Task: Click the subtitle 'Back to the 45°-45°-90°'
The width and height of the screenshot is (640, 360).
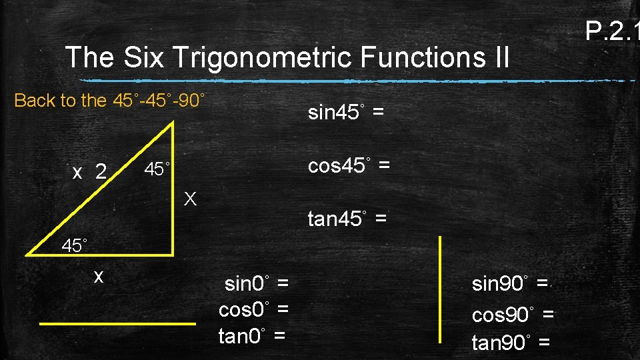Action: (x=110, y=101)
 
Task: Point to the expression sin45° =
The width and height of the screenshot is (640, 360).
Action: (x=345, y=113)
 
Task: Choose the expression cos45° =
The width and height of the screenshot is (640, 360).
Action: (x=349, y=165)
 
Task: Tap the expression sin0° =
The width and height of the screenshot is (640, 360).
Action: (x=257, y=284)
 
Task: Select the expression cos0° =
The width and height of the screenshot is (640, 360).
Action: (x=253, y=309)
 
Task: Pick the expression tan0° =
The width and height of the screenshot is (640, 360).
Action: (x=252, y=335)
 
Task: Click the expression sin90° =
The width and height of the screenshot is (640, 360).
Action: (x=510, y=284)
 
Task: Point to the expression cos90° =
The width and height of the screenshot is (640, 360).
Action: (x=513, y=314)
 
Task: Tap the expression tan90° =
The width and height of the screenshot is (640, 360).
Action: (x=511, y=343)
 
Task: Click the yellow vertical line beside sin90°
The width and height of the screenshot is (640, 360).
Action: (x=440, y=289)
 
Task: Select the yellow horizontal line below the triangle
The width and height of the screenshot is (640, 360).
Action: (x=117, y=323)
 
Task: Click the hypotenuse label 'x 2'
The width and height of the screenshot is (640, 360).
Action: (x=89, y=173)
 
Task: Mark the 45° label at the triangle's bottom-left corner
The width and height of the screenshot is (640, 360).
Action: (x=75, y=245)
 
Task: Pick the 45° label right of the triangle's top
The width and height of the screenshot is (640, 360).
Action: (x=158, y=169)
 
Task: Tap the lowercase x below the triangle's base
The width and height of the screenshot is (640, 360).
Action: (x=99, y=276)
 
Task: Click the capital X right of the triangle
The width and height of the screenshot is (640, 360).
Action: (x=191, y=198)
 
